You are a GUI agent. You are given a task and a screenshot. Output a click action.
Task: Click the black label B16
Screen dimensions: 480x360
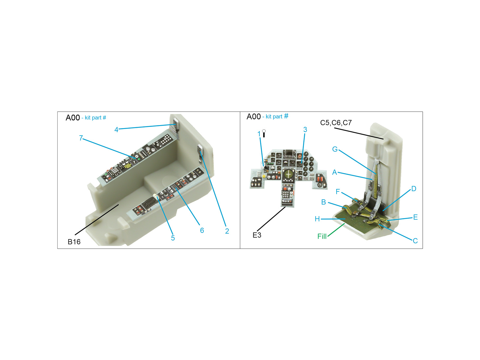[x=74, y=242]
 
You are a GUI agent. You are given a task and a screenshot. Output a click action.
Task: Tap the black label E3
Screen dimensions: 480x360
[x=257, y=235]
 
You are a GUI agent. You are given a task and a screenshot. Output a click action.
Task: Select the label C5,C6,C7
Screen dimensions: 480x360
[x=336, y=123]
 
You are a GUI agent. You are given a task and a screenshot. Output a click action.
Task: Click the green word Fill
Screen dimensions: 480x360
[x=322, y=236]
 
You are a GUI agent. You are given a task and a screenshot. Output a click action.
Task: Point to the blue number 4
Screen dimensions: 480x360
[x=116, y=130]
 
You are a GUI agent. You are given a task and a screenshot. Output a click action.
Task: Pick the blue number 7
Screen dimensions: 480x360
[x=81, y=138]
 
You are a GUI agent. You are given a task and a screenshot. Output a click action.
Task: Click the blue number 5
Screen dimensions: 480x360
[x=173, y=238]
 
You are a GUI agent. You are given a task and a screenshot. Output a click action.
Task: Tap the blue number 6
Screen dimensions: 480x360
[x=202, y=230]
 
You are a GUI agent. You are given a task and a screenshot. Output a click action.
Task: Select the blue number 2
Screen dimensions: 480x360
[x=227, y=231]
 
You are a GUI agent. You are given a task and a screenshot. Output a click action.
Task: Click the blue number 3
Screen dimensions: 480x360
[x=305, y=130]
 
